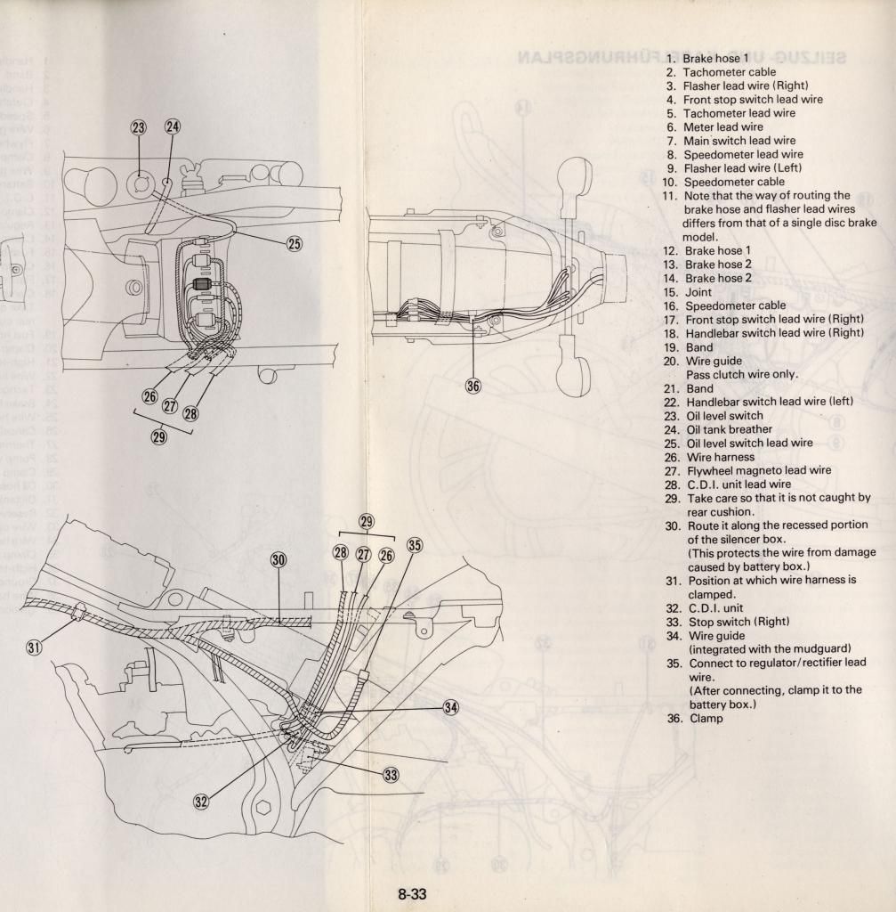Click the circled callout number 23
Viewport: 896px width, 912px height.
pyautogui.click(x=139, y=128)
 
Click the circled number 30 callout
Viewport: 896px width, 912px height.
pyautogui.click(x=278, y=559)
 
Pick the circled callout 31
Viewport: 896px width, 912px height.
pyautogui.click(x=34, y=647)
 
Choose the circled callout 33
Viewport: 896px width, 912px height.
pyautogui.click(x=390, y=775)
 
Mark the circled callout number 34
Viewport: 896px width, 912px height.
pyautogui.click(x=451, y=707)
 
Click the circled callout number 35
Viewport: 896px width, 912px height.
pyautogui.click(x=414, y=545)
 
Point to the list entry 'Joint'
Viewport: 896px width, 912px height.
pyautogui.click(x=698, y=292)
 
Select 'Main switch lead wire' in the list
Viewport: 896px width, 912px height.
pyautogui.click(x=739, y=141)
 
